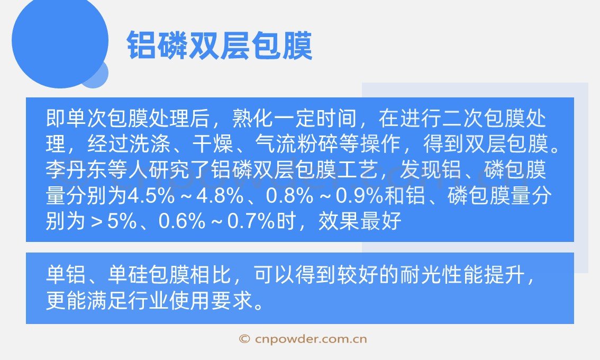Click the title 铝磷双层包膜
coord(220,46)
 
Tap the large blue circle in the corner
coord(60,40)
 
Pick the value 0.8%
coord(289,195)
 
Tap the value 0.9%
coord(359,195)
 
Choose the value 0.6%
coord(182,221)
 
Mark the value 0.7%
coord(251,221)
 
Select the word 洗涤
coord(150,144)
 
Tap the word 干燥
coord(212,144)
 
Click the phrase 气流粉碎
coord(296,144)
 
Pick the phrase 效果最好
coord(360,221)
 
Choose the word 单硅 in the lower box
coord(129,274)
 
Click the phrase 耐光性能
coord(441,274)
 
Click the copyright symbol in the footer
coord(244,339)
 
